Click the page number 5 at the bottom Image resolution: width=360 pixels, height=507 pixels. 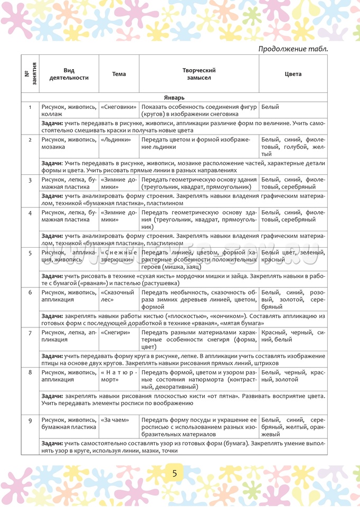pos(175,473)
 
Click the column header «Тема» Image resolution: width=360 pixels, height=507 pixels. pos(119,74)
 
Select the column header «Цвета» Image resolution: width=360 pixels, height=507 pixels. pos(293,74)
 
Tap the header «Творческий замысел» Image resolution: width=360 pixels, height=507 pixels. pos(199,74)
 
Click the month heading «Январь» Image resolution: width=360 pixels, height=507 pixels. pos(174,97)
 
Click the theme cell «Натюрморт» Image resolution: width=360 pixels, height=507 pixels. pos(118,376)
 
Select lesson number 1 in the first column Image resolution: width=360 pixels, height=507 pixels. pos(30,107)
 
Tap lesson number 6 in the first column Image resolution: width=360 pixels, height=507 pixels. pos(30,292)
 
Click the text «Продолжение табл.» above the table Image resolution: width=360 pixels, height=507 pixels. pos(293,49)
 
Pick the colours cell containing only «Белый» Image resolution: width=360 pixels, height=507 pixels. pos(270,107)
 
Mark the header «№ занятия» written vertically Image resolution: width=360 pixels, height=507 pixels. pos(30,74)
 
